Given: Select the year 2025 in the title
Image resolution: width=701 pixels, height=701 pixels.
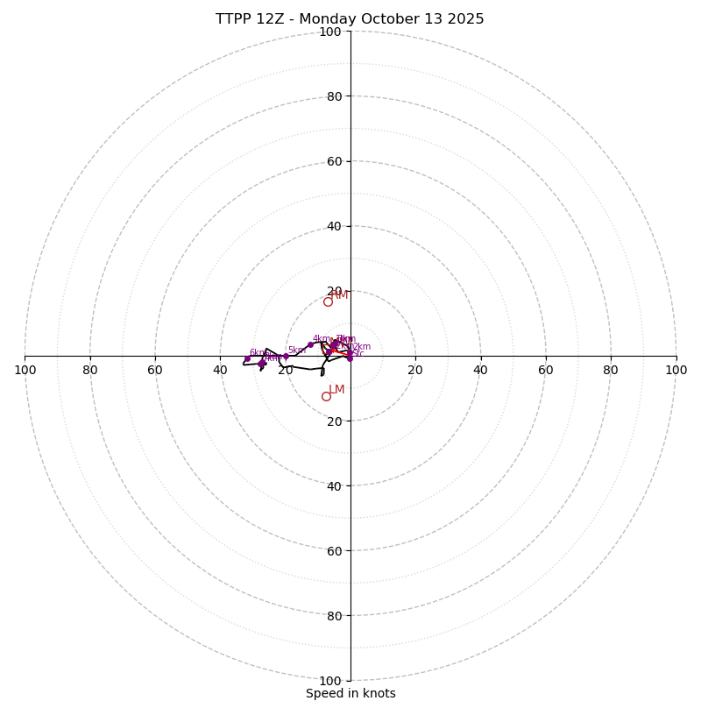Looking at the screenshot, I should pyautogui.click(x=465, y=19).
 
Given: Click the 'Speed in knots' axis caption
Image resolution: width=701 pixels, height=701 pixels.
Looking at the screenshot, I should pyautogui.click(x=350, y=693).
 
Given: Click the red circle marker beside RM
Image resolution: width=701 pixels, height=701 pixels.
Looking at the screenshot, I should pyautogui.click(x=328, y=301).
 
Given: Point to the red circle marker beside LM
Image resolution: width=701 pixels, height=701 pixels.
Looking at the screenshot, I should pyautogui.click(x=326, y=396).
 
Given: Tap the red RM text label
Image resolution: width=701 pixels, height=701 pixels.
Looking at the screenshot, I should pyautogui.click(x=340, y=294).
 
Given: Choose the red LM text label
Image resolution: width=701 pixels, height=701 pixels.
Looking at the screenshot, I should pyautogui.click(x=336, y=389).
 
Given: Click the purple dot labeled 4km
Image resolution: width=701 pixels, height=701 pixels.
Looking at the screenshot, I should pyautogui.click(x=310, y=344).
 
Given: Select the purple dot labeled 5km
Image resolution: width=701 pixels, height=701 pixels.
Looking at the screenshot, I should pyautogui.click(x=286, y=356).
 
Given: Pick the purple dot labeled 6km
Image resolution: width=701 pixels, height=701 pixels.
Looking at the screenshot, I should pyautogui.click(x=247, y=358).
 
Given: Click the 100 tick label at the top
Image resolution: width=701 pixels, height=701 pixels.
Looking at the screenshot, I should pyautogui.click(x=330, y=32).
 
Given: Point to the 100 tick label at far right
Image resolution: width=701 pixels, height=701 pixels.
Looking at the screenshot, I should pyautogui.click(x=676, y=370).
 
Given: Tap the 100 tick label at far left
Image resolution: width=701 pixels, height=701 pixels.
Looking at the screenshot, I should pyautogui.click(x=25, y=370).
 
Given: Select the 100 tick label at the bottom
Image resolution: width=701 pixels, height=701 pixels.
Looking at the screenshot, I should pyautogui.click(x=330, y=681).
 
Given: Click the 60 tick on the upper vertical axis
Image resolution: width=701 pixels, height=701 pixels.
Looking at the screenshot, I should pyautogui.click(x=334, y=161).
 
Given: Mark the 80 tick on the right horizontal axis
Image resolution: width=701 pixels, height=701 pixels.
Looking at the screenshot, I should pyautogui.click(x=611, y=370).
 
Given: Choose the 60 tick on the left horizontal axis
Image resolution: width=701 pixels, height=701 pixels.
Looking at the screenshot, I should pyautogui.click(x=155, y=370).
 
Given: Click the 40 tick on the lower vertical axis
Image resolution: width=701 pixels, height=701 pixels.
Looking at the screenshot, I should pyautogui.click(x=334, y=485).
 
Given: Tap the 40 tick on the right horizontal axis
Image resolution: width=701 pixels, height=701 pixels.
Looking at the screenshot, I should pyautogui.click(x=480, y=370).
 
